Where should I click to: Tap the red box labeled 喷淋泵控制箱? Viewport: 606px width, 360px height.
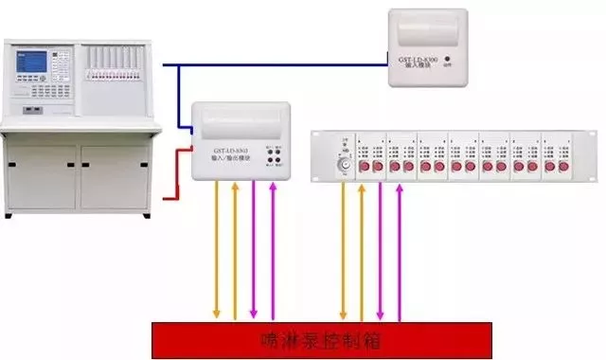pos(322,336)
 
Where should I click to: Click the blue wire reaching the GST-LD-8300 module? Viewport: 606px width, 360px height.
pos(284,65)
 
